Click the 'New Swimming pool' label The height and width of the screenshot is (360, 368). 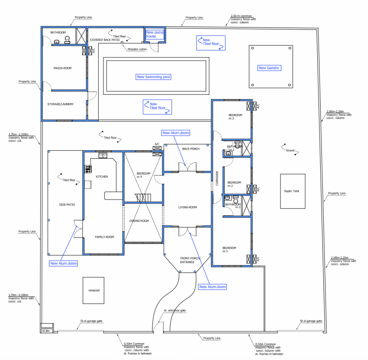pyautogui.click(x=153, y=77)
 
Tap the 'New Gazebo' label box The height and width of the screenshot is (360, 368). pyautogui.click(x=269, y=68)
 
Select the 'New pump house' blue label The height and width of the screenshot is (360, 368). pyautogui.click(x=156, y=34)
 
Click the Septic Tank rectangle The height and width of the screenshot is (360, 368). pyautogui.click(x=293, y=191)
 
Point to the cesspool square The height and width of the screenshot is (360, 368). pyautogui.click(x=93, y=290)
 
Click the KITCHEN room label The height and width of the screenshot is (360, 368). pyautogui.click(x=102, y=176)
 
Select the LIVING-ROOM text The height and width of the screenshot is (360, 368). pyautogui.click(x=188, y=207)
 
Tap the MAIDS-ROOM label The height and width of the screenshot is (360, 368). pyautogui.click(x=62, y=68)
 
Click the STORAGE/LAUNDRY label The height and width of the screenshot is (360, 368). pyautogui.click(x=60, y=104)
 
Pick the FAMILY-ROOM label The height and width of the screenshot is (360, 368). pyautogui.click(x=104, y=237)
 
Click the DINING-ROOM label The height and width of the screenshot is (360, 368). pyautogui.click(x=139, y=221)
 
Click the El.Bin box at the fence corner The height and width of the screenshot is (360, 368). pyautogui.click(x=45, y=331)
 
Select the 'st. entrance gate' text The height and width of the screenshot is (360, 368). pyautogui.click(x=175, y=310)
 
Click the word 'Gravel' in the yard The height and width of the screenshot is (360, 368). pyautogui.click(x=290, y=150)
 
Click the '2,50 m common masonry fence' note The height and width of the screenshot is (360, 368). pyautogui.click(x=243, y=19)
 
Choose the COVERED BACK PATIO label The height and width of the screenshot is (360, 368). pyautogui.click(x=105, y=40)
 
